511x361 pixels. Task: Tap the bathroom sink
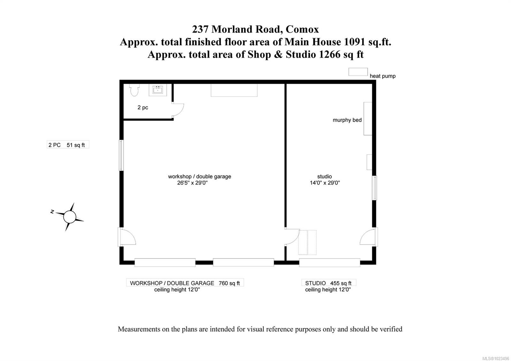point(157,90)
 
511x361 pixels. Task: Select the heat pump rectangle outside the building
point(358,72)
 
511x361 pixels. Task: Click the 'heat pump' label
point(383,76)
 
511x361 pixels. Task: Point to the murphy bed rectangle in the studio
point(368,119)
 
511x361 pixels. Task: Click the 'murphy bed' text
point(347,120)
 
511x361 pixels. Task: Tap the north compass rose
point(69,217)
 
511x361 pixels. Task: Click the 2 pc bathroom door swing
point(178,110)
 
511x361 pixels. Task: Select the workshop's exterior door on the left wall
point(127,237)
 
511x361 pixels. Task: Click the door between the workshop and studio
point(292,237)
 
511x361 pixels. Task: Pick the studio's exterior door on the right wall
point(369,237)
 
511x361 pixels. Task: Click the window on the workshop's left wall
point(121,155)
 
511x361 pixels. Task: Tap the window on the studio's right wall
point(375,188)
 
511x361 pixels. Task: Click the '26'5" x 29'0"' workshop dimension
point(193,183)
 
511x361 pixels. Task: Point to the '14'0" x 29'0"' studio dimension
point(325,183)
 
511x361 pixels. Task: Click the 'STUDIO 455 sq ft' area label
point(328,283)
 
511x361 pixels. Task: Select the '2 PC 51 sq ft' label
point(67,145)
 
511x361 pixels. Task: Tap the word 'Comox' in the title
point(302,29)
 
